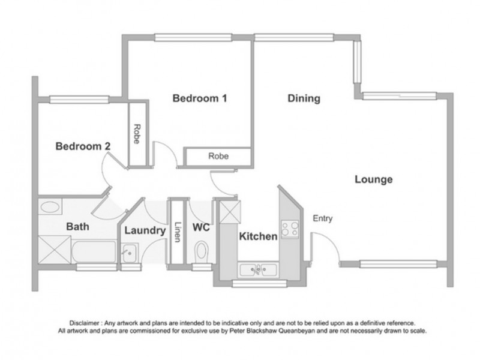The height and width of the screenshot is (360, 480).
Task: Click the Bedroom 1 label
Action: tap(199, 99)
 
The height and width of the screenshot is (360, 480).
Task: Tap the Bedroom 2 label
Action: tap(83, 146)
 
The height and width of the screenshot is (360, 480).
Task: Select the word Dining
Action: tap(304, 99)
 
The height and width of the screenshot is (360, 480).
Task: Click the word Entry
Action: tap(323, 219)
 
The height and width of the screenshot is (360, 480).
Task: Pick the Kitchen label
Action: tap(259, 236)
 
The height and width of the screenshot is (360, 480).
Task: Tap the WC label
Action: tap(200, 228)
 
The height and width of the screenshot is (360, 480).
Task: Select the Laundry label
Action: tap(145, 230)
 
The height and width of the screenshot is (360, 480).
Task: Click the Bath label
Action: tap(78, 227)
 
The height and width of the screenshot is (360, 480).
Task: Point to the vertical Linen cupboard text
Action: tap(178, 232)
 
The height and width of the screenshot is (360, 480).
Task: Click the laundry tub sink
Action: tap(129, 253)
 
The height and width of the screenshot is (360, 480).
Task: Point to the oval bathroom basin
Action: tap(49, 208)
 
